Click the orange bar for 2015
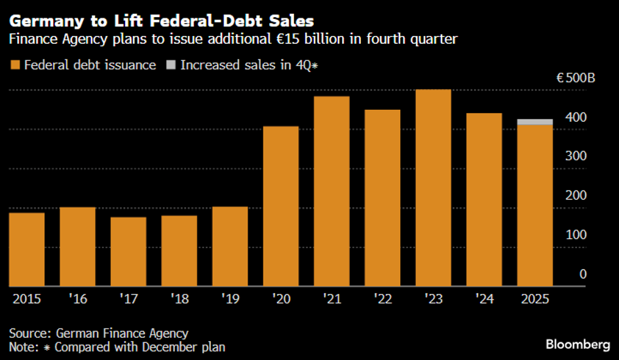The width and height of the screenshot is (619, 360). pyautogui.click(x=26, y=249)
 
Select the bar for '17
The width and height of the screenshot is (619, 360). pyautogui.click(x=128, y=252)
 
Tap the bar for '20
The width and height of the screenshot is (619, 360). pyautogui.click(x=280, y=206)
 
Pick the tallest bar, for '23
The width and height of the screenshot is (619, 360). pyautogui.click(x=433, y=188)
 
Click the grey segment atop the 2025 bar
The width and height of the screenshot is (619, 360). pyautogui.click(x=535, y=122)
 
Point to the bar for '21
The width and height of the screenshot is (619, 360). pyautogui.click(x=331, y=191)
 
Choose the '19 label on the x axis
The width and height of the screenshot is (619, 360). pyautogui.click(x=229, y=298)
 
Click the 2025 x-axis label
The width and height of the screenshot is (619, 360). pyautogui.click(x=535, y=298)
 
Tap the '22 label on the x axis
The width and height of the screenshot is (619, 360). pyautogui.click(x=382, y=298)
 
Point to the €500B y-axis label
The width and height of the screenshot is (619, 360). pyautogui.click(x=575, y=78)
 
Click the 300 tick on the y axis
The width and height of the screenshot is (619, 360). pyautogui.click(x=577, y=156)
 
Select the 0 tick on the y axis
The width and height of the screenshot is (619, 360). pyautogui.click(x=582, y=274)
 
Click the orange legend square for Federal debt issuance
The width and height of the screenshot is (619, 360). pyautogui.click(x=15, y=65)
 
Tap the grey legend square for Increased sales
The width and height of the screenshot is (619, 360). pyautogui.click(x=172, y=65)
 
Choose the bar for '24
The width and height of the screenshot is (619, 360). pyautogui.click(x=483, y=200)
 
